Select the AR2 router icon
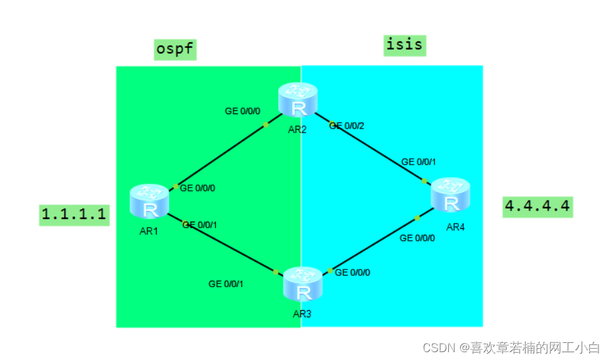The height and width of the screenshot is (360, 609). click(x=297, y=100)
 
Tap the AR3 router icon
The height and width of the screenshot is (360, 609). click(x=303, y=284)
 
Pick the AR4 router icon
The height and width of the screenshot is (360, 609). click(x=451, y=195)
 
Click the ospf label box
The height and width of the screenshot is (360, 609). click(x=175, y=49)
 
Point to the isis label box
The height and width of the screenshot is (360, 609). click(x=405, y=45)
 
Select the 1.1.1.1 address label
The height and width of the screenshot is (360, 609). click(x=74, y=214)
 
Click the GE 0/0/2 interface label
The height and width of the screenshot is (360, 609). click(x=346, y=125)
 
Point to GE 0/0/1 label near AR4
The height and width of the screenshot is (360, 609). click(x=419, y=161)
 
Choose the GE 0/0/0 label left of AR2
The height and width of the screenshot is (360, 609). click(x=242, y=111)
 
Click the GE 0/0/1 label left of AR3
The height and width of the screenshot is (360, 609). click(x=226, y=284)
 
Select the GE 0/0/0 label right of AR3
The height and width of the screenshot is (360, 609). click(x=352, y=272)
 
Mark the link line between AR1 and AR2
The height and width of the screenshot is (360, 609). click(x=220, y=156)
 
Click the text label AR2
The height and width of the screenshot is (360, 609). click(x=297, y=129)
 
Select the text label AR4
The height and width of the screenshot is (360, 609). click(x=455, y=227)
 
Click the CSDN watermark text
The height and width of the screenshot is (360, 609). click(x=511, y=347)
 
